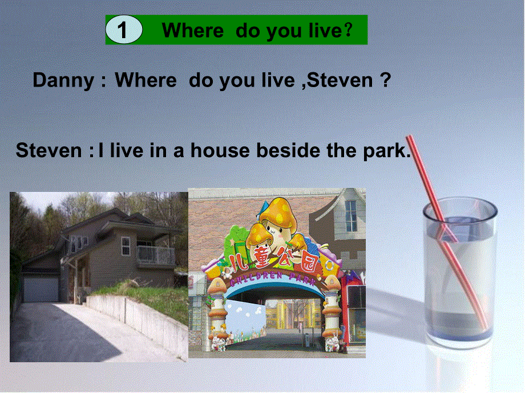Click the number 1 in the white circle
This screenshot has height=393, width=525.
tap(123, 31)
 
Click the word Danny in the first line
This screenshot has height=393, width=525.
tap(63, 80)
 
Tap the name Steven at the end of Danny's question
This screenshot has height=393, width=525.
tap(342, 80)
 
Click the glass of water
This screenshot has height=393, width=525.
tap(459, 273)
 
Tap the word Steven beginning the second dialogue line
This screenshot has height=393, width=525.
tap(49, 151)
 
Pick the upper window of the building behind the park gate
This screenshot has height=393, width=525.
tap(350, 216)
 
